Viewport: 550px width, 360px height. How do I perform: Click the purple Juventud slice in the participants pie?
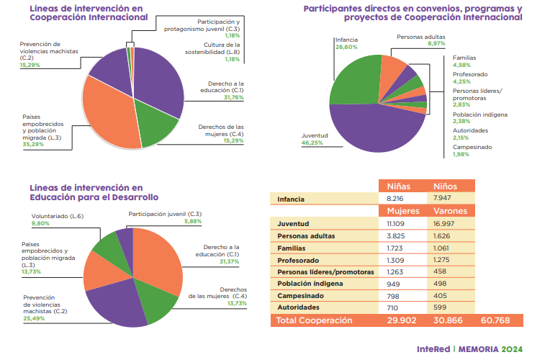click(374, 130)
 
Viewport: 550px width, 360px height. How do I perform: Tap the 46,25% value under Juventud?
click(312, 143)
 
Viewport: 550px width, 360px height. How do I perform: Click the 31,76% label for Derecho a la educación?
click(232, 97)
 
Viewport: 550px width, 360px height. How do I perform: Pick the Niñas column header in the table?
click(399, 186)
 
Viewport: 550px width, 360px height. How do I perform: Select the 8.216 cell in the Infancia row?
click(398, 198)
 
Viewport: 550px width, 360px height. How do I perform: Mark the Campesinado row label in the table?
click(303, 295)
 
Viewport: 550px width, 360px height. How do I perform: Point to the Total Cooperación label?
click(315, 320)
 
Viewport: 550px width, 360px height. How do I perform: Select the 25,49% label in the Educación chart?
click(34, 318)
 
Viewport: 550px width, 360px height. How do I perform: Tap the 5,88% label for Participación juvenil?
click(193, 221)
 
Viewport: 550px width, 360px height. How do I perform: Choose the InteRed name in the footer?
click(433, 348)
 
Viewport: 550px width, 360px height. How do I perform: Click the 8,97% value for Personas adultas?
click(436, 43)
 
